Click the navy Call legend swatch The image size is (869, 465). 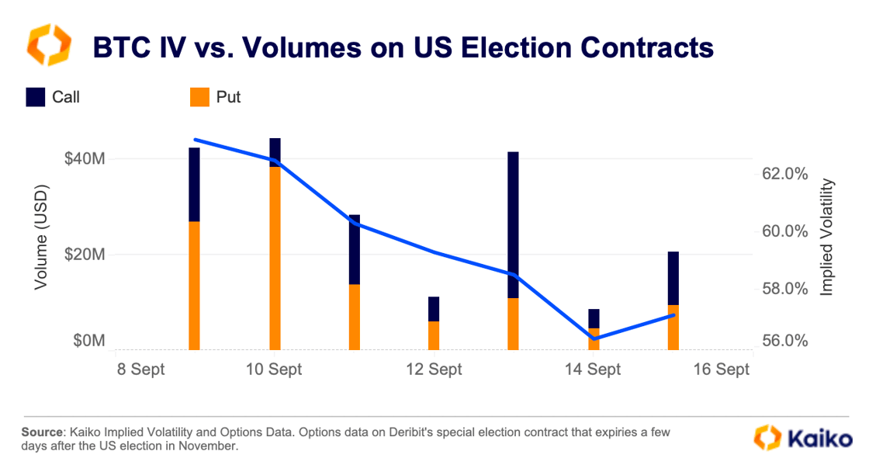pos(35,97)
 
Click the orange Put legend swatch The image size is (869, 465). pos(199,97)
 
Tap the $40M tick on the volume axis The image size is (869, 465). pos(83,159)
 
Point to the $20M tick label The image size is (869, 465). pos(83,255)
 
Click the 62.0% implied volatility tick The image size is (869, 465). pos(785,174)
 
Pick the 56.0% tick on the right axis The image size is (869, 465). pos(785,342)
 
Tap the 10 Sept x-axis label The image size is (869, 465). pos(274,370)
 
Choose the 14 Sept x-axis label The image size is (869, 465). pos(593,370)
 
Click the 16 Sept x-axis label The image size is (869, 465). pos(722,370)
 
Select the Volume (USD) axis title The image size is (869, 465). pos(41,237)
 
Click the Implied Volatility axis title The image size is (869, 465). pos(828,237)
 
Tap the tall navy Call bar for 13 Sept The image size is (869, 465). pos(513,225)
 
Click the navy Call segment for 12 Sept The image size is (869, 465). pos(434,309)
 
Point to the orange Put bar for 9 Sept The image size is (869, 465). pos(194,285)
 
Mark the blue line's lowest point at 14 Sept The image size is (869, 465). pos(594,338)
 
